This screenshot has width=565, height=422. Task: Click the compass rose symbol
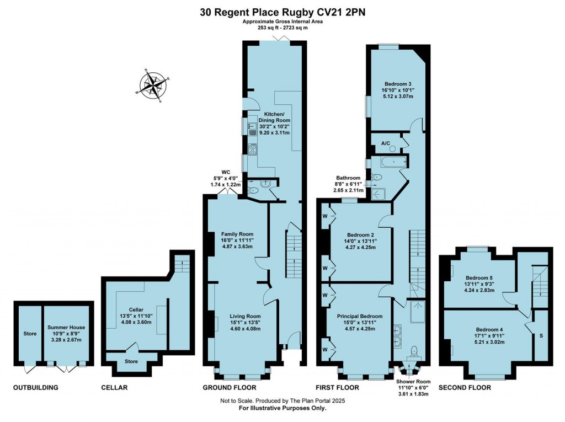click(153, 86)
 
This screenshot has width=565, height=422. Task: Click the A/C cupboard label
click(386, 143)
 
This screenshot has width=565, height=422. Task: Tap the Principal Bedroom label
click(359, 316)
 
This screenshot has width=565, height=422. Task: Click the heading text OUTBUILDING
click(36, 388)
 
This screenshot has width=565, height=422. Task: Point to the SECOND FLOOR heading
click(465, 388)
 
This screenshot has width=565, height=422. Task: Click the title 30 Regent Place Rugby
click(282, 10)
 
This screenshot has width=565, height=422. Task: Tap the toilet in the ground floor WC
click(253, 190)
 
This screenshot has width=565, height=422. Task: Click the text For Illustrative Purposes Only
click(282, 409)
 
